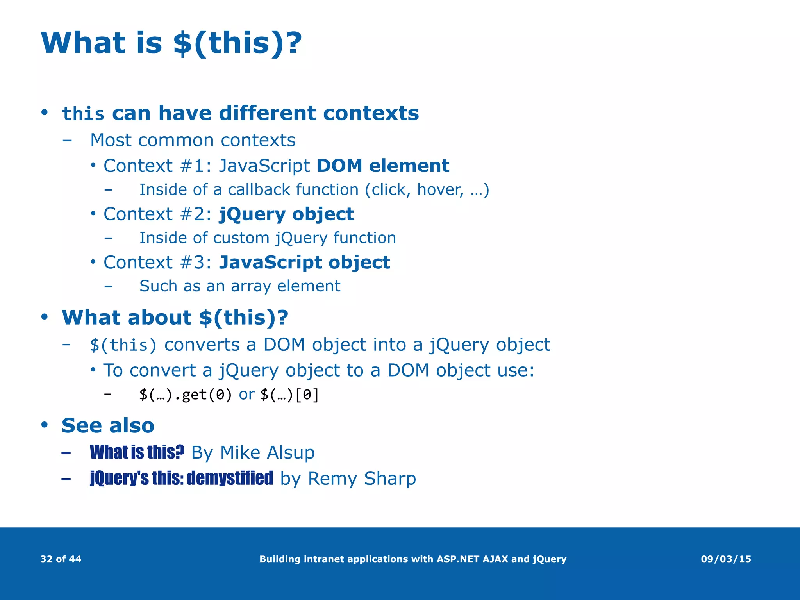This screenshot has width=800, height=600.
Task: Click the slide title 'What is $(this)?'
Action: coord(171,43)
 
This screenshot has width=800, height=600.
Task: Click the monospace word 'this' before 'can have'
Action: coord(83,114)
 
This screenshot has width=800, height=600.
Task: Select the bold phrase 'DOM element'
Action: coord(383,166)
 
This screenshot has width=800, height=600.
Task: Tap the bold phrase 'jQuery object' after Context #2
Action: coord(286,214)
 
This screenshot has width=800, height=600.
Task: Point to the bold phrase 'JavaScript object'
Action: coord(304,262)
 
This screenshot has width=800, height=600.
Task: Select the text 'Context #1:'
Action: coord(157,166)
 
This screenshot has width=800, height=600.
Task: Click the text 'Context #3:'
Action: coord(157,262)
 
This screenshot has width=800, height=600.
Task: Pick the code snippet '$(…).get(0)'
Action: coord(186,395)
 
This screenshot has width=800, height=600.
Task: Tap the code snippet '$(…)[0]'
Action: coord(289,395)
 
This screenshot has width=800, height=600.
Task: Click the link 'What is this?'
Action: coord(137,452)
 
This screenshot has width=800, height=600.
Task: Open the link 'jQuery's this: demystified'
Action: coord(181,478)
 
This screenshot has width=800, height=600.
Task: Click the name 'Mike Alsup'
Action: coord(267,453)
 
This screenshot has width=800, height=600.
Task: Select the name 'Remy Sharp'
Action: coord(362,479)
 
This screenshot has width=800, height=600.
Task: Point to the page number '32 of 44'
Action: coord(61,559)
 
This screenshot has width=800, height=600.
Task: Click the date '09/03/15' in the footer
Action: coord(726,559)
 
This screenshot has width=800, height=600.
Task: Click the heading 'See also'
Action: coord(108,425)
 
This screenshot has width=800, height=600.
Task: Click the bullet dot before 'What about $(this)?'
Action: coord(45,316)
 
